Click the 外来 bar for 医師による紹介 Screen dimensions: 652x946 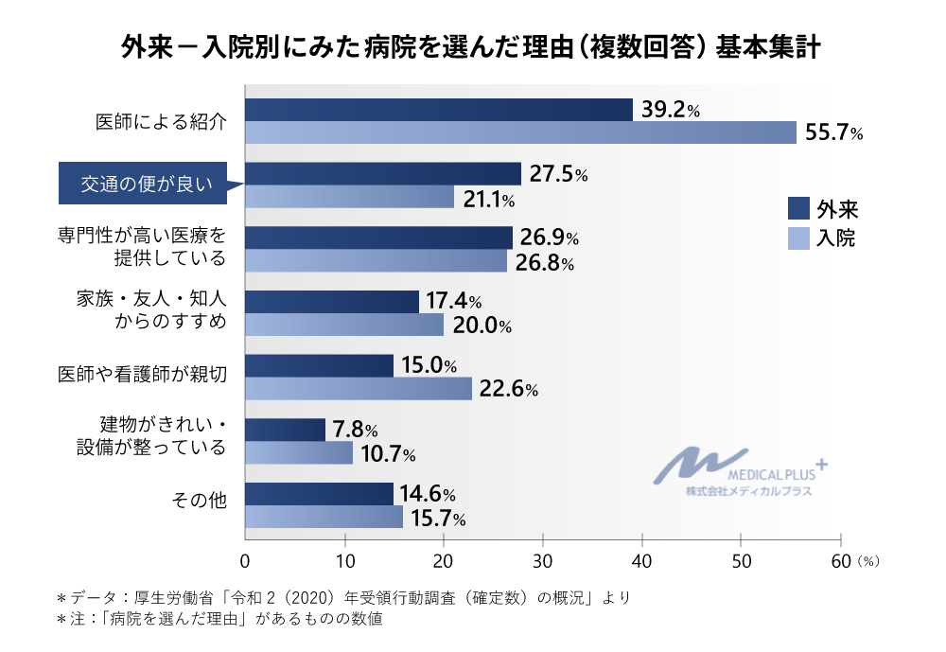click(x=439, y=110)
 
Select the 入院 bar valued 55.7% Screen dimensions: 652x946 click(x=520, y=132)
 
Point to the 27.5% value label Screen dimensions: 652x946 click(x=558, y=174)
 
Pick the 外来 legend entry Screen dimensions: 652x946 click(x=823, y=207)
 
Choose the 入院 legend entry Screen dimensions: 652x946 click(x=823, y=238)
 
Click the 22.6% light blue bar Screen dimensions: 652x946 click(x=359, y=389)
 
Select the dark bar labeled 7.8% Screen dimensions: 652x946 click(x=285, y=430)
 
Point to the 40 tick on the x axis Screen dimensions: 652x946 click(x=642, y=560)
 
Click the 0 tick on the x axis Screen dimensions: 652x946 click(x=246, y=560)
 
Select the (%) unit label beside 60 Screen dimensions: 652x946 click(x=868, y=561)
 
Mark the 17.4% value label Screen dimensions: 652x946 click(x=453, y=302)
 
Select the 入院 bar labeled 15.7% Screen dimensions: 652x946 click(x=324, y=517)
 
